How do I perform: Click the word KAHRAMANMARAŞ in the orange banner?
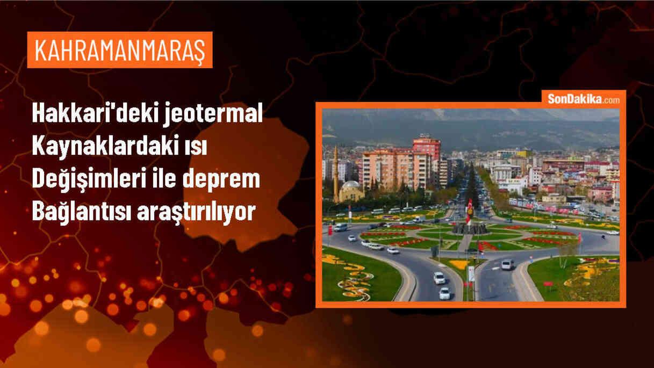(x=120, y=50)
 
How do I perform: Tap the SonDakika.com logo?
(x=583, y=99)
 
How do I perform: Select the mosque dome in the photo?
(x=351, y=186)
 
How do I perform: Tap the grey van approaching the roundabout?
(x=507, y=264)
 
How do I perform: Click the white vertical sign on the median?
(x=471, y=274)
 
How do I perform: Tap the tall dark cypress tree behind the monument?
(x=472, y=188)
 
